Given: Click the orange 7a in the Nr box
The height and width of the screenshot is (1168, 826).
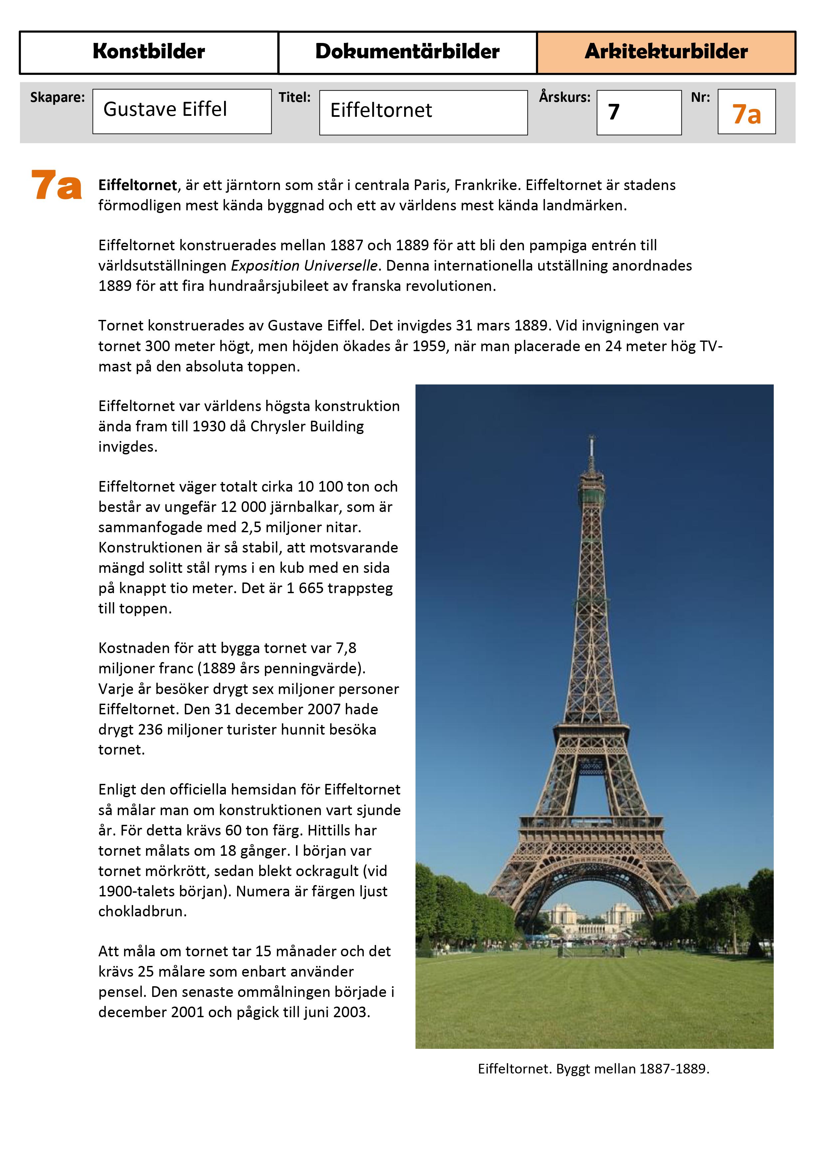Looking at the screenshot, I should tap(746, 114).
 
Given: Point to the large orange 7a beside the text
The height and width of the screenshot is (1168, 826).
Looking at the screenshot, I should tap(56, 185).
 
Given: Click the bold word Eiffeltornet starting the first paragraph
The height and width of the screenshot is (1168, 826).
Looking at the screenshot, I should tap(138, 185).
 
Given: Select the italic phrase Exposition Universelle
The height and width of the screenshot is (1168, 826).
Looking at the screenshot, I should tap(304, 266).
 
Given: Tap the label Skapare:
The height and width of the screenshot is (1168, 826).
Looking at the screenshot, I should tap(57, 97).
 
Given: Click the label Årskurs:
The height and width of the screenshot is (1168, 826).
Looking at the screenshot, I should tap(564, 97).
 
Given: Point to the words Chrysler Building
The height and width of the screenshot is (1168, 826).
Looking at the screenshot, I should tap(307, 426).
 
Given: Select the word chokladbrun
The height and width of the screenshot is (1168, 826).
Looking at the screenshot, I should tap(142, 911).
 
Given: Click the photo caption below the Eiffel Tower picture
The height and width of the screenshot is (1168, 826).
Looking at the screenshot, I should tap(593, 1069).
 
